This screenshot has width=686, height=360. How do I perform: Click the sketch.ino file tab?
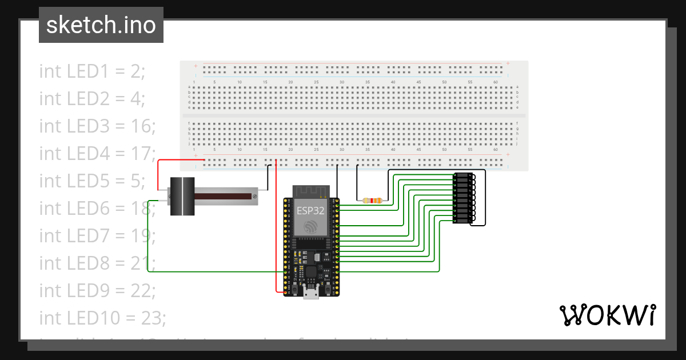[x=101, y=25]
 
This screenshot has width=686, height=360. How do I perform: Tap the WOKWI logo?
[x=607, y=315]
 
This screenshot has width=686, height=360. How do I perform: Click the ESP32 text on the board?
[x=311, y=210]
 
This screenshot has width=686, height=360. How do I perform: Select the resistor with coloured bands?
[x=372, y=201]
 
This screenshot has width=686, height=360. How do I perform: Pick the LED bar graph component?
[x=464, y=198]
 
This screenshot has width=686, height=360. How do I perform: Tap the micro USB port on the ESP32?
[x=312, y=293]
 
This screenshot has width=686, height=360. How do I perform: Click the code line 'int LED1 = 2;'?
[x=92, y=71]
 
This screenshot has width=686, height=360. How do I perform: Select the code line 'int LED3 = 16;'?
[x=97, y=126]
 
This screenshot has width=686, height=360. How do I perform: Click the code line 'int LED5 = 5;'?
[x=92, y=181]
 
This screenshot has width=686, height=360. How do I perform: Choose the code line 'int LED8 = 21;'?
[x=97, y=263]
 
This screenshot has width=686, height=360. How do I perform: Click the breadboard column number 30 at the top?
[x=341, y=83]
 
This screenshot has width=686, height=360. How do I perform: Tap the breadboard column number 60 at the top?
[x=495, y=83]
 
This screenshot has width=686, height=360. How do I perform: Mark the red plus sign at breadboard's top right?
[x=507, y=63]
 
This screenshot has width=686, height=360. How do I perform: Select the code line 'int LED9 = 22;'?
[x=97, y=290]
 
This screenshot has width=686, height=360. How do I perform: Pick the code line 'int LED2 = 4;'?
[x=92, y=99]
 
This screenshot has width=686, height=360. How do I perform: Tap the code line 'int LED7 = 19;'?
[x=97, y=235]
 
